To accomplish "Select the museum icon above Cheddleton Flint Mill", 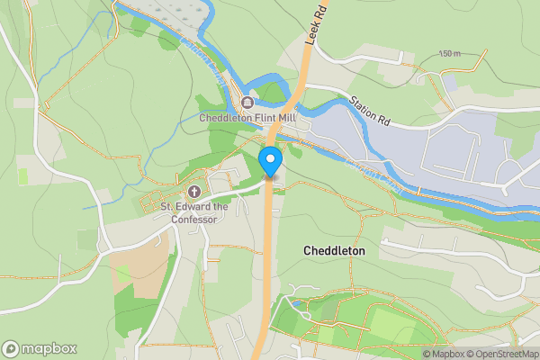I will (x=247, y=102).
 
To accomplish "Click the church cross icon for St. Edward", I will (x=194, y=191).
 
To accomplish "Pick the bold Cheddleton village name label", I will (x=334, y=250).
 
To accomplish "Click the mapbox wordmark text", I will (x=49, y=348).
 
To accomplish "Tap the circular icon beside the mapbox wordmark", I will (x=11, y=348).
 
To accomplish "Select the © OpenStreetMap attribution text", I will (x=500, y=353).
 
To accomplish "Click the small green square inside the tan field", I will (x=122, y=273).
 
